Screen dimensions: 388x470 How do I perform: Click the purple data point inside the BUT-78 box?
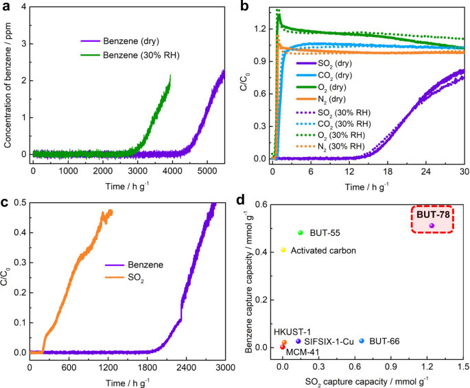pos(432,226)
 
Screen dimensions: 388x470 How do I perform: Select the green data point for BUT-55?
pos(300,233)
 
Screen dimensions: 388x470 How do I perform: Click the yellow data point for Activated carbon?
pos(283,250)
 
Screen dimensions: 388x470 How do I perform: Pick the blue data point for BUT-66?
pos(362,341)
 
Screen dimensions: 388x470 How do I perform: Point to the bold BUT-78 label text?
pos(432,214)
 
